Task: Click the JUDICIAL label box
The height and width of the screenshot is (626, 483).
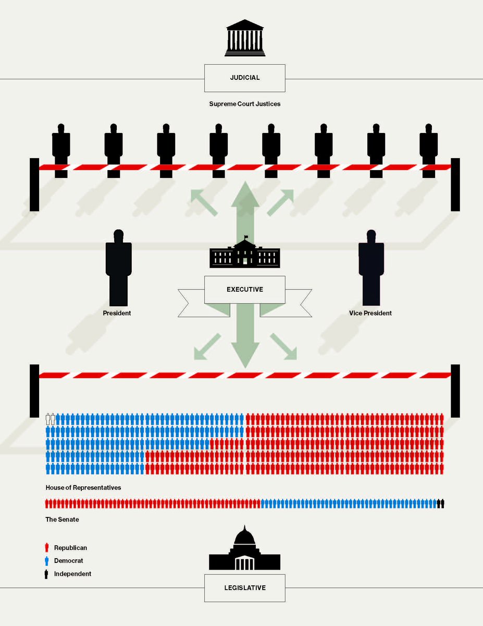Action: click(x=244, y=78)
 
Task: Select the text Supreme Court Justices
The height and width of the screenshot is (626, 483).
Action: click(x=244, y=104)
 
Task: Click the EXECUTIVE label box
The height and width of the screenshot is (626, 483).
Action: click(x=244, y=289)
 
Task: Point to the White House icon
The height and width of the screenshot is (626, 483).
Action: click(x=244, y=255)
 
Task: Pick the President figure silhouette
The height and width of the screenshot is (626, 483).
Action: click(x=118, y=266)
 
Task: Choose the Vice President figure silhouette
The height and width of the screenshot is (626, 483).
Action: click(x=370, y=266)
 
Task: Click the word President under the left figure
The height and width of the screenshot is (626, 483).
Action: click(x=117, y=313)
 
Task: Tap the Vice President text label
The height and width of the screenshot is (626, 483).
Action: click(x=370, y=313)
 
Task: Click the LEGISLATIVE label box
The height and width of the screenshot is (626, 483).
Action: click(x=244, y=587)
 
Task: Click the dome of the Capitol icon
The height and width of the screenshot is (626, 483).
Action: click(x=244, y=536)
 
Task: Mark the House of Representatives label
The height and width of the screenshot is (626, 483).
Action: click(x=83, y=487)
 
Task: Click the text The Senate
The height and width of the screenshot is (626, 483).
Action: click(x=62, y=520)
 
